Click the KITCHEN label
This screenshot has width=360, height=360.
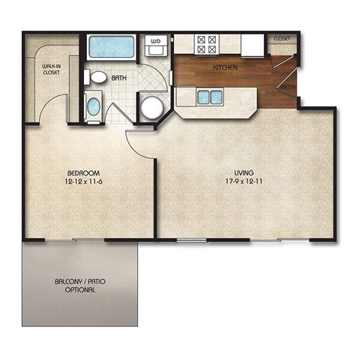(x=226, y=67)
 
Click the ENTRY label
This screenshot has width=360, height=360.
(x=288, y=87)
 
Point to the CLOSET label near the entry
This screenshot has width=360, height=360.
(x=282, y=37)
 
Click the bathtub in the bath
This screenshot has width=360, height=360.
(x=112, y=46)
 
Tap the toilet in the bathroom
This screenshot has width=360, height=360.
(x=97, y=77)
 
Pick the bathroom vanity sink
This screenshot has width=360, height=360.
(x=93, y=106)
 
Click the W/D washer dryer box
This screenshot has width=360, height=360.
(x=157, y=46)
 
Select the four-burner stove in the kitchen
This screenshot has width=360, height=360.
(x=206, y=43)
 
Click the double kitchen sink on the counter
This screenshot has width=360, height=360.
(x=209, y=97)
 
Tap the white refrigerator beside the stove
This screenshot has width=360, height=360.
(x=251, y=44)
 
